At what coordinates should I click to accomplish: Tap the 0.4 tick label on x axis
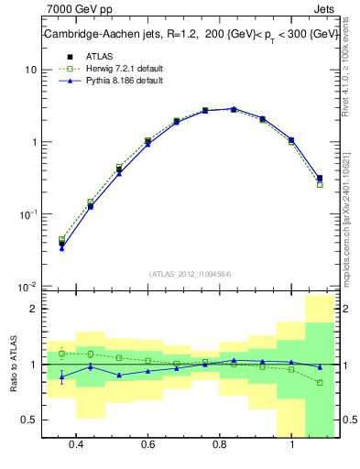(x=76, y=444)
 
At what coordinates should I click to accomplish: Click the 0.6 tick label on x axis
(x=147, y=444)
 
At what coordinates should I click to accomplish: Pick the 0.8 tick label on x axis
(x=220, y=444)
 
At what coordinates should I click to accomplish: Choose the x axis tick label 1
(x=291, y=444)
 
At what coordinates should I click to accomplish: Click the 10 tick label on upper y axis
(x=30, y=71)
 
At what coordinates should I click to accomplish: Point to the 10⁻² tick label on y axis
(x=27, y=286)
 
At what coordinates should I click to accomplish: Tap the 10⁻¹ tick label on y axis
(x=27, y=213)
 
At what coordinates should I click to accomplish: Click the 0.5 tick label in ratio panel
(x=28, y=420)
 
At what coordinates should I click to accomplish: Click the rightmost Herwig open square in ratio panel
(x=320, y=382)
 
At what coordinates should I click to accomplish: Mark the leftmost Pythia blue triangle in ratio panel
(x=61, y=376)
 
